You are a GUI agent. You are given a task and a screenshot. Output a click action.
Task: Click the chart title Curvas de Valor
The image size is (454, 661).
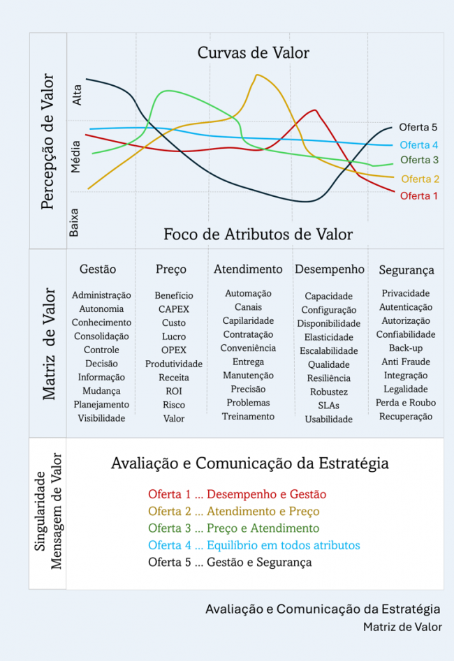pos(253,52)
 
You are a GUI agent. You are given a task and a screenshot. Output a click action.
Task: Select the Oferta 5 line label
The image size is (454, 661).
pos(418,127)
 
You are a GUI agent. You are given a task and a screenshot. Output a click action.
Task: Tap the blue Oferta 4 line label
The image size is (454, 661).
pos(419,145)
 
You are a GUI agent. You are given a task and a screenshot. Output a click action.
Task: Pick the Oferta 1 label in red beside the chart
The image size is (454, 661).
pos(418,196)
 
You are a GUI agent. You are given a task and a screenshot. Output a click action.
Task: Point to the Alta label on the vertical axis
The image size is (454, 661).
pos(78,95)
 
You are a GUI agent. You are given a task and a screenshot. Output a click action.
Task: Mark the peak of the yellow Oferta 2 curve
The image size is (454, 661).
pos(257,75)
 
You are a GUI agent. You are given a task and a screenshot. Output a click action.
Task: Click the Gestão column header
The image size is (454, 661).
pos(98,269)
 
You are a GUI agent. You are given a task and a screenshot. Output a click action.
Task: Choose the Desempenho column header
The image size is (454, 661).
pos(330,269)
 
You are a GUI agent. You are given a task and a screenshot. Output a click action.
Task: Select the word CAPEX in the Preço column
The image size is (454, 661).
pos(174,309)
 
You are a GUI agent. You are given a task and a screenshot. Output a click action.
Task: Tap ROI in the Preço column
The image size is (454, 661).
pos(174,391)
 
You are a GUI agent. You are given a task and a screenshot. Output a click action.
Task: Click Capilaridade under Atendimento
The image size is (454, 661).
pos(248,321)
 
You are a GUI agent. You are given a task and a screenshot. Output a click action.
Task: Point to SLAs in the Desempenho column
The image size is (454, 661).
pos(329,406)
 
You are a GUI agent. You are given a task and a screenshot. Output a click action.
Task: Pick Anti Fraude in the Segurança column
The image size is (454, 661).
pos(406,362)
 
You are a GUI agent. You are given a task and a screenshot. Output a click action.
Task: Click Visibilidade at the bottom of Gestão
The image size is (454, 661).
pos(101,418)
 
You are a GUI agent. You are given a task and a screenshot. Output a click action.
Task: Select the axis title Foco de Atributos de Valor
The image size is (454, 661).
pos(258,235)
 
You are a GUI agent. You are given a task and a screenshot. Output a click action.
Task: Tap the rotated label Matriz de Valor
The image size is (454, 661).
pos(50,343)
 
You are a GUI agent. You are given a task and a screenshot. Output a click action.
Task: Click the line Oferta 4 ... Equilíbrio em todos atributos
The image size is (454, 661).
pos(254,545)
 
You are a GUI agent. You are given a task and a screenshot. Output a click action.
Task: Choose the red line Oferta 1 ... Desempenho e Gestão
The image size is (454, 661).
pos(237,495)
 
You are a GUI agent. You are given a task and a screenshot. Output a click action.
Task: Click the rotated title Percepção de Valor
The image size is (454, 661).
pos(48,142)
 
